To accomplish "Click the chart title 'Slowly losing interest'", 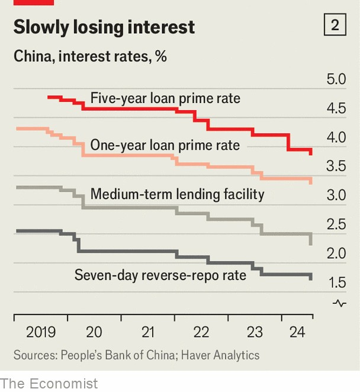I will (104, 27).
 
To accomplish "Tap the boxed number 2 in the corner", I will (335, 25).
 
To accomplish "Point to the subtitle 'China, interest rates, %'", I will (90, 57).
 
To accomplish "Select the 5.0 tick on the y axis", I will (335, 79).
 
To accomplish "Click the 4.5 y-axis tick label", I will (335, 108).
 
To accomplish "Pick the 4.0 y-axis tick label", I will (335, 137).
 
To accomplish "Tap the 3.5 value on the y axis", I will (335, 166).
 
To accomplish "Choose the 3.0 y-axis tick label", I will (335, 195).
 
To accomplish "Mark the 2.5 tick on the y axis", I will (335, 224).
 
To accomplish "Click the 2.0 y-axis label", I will (335, 253).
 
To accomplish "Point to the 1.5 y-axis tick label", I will (335, 282).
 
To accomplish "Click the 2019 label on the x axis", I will (41, 332).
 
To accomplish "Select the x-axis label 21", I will (148, 332).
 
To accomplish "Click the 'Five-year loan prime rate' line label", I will (165, 98).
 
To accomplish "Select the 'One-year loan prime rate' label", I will (165, 145).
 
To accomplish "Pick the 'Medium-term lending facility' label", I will (177, 194).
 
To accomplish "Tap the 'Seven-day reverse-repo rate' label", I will (160, 274).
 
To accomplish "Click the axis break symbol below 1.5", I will (340, 303).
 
